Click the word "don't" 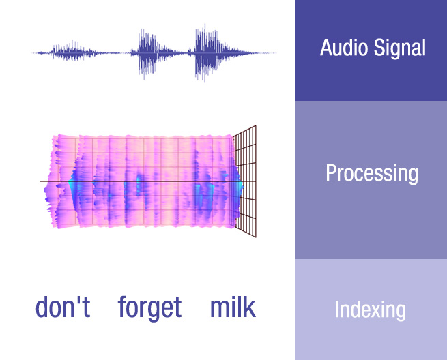click(63, 307)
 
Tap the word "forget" click(149, 308)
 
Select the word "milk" click(233, 307)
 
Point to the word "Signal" click(400, 49)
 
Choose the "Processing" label click(372, 174)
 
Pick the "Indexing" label click(371, 310)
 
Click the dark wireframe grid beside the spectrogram click(245, 181)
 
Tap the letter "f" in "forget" click(122, 306)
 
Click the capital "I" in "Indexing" click(336, 309)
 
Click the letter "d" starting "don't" click(42, 307)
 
